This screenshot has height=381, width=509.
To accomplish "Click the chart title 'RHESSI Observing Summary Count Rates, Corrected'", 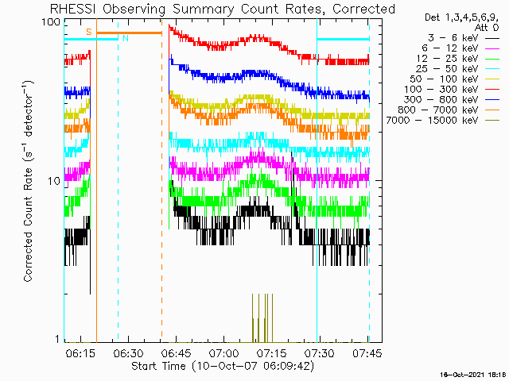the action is point(223,9).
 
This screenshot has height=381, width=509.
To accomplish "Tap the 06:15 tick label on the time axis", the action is point(80,353).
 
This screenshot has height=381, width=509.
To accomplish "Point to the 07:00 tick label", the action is point(224,353).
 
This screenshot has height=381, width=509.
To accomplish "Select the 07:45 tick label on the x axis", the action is point(367,353).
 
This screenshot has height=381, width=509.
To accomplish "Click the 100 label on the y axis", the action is point(51,22).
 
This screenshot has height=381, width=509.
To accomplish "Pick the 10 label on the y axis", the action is point(54,181).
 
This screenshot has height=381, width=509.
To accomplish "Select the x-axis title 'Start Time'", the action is point(158,366).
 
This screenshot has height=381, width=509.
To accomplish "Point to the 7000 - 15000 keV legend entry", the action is point(432,121).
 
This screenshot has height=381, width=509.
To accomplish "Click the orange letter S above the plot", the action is point(89,32).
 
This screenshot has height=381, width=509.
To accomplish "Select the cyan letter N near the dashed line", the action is point(126,38).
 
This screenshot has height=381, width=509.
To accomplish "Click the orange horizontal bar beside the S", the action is point(129,33).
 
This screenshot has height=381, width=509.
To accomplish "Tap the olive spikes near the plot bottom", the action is point(262,317).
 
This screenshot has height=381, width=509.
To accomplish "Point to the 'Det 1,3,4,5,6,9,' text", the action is point(461,17).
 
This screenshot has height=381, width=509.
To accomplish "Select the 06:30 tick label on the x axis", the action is point(128,353).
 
